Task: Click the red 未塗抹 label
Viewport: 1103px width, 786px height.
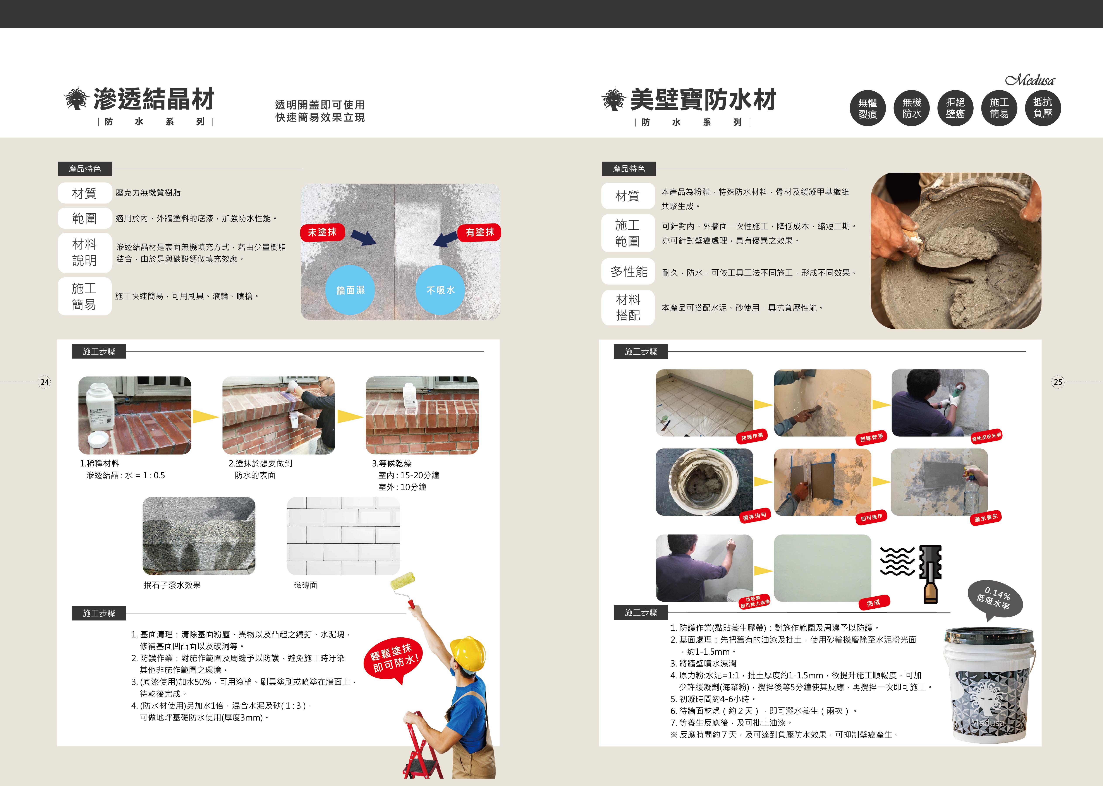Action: pyautogui.click(x=322, y=232)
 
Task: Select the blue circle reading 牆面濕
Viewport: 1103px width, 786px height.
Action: pyautogui.click(x=350, y=290)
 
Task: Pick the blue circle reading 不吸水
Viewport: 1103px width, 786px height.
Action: pyautogui.click(x=440, y=290)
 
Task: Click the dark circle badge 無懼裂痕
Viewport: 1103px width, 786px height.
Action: pyautogui.click(x=868, y=108)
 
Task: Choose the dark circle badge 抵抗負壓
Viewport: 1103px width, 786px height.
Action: pyautogui.click(x=1043, y=108)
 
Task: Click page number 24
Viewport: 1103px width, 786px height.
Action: pyautogui.click(x=45, y=382)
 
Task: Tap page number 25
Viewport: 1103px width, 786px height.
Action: pyautogui.click(x=1058, y=382)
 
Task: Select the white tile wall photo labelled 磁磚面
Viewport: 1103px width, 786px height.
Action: pyautogui.click(x=344, y=536)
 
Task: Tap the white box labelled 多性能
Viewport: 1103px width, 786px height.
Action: pyautogui.click(x=628, y=271)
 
